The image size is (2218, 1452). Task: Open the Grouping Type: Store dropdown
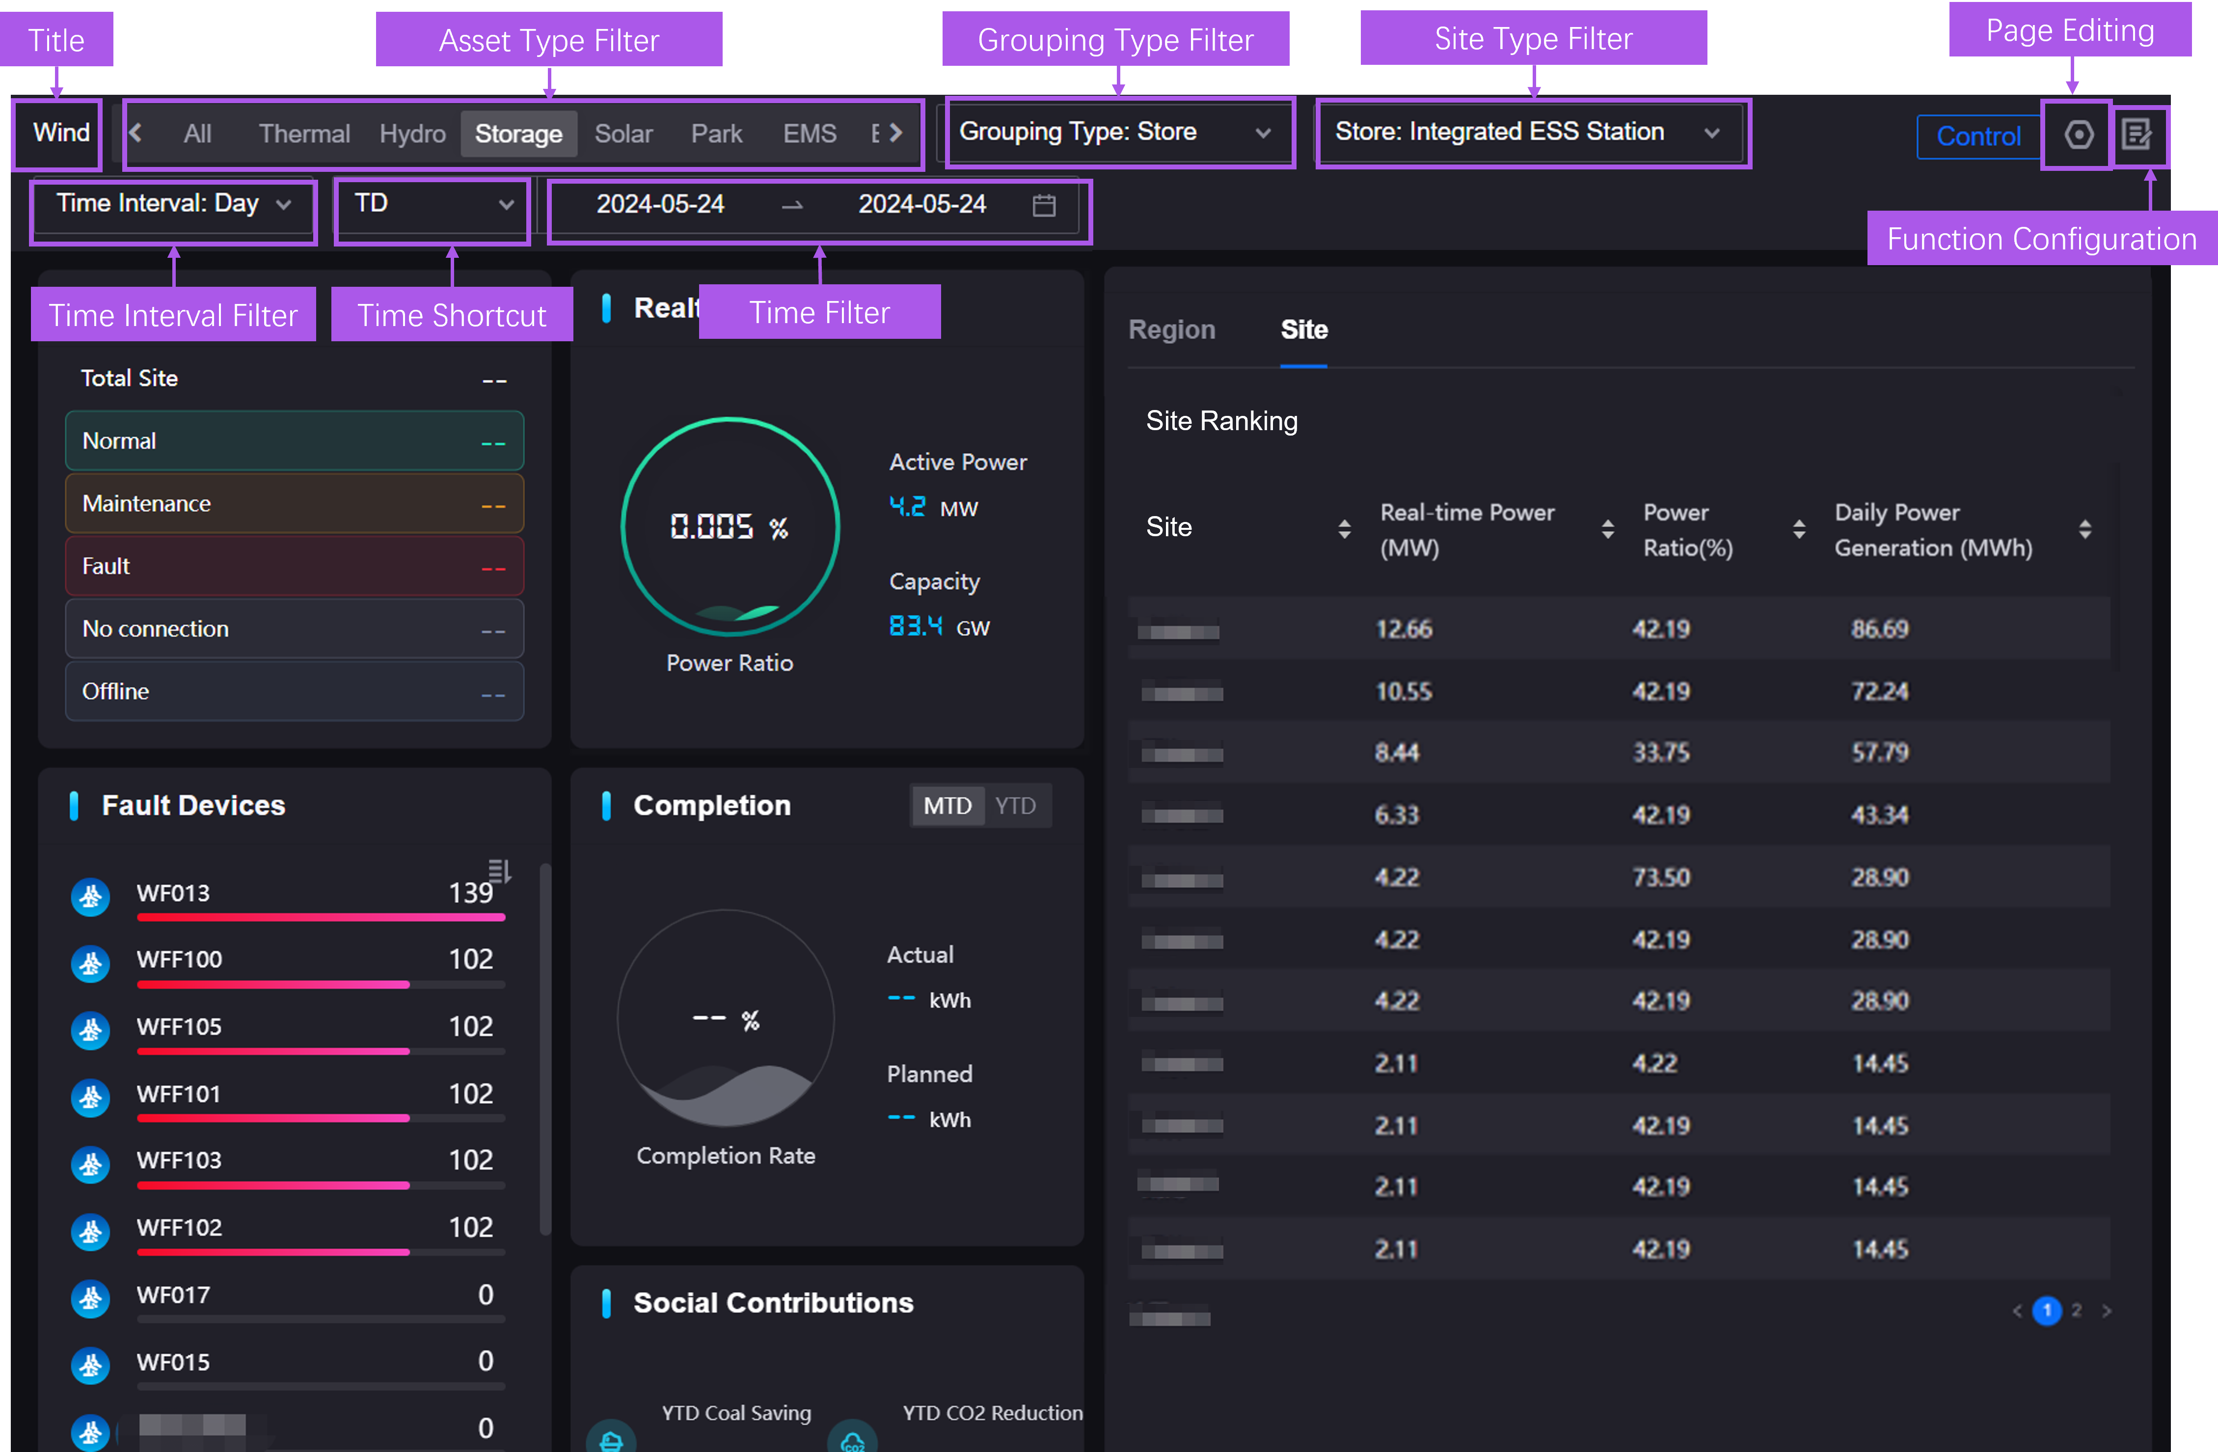[x=1115, y=133]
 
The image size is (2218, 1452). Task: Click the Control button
[x=1977, y=136]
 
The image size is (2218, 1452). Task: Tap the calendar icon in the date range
[x=1044, y=205]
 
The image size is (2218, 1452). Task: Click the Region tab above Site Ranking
[x=1171, y=330]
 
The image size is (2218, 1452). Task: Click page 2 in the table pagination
[x=2076, y=1311]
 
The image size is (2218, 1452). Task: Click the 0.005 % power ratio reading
[x=729, y=527]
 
